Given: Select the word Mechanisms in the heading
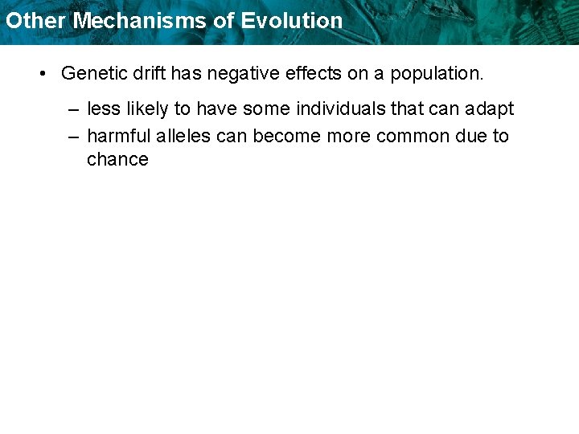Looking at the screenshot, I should (141, 21).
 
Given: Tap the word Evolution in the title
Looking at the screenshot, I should (292, 21).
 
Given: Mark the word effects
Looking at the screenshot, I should (302, 73).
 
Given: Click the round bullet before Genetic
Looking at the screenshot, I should (43, 74).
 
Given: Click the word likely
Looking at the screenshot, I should (147, 108).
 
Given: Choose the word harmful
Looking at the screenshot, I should (115, 136).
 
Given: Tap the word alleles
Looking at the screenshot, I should (181, 136).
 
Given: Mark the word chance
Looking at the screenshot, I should (117, 159).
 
